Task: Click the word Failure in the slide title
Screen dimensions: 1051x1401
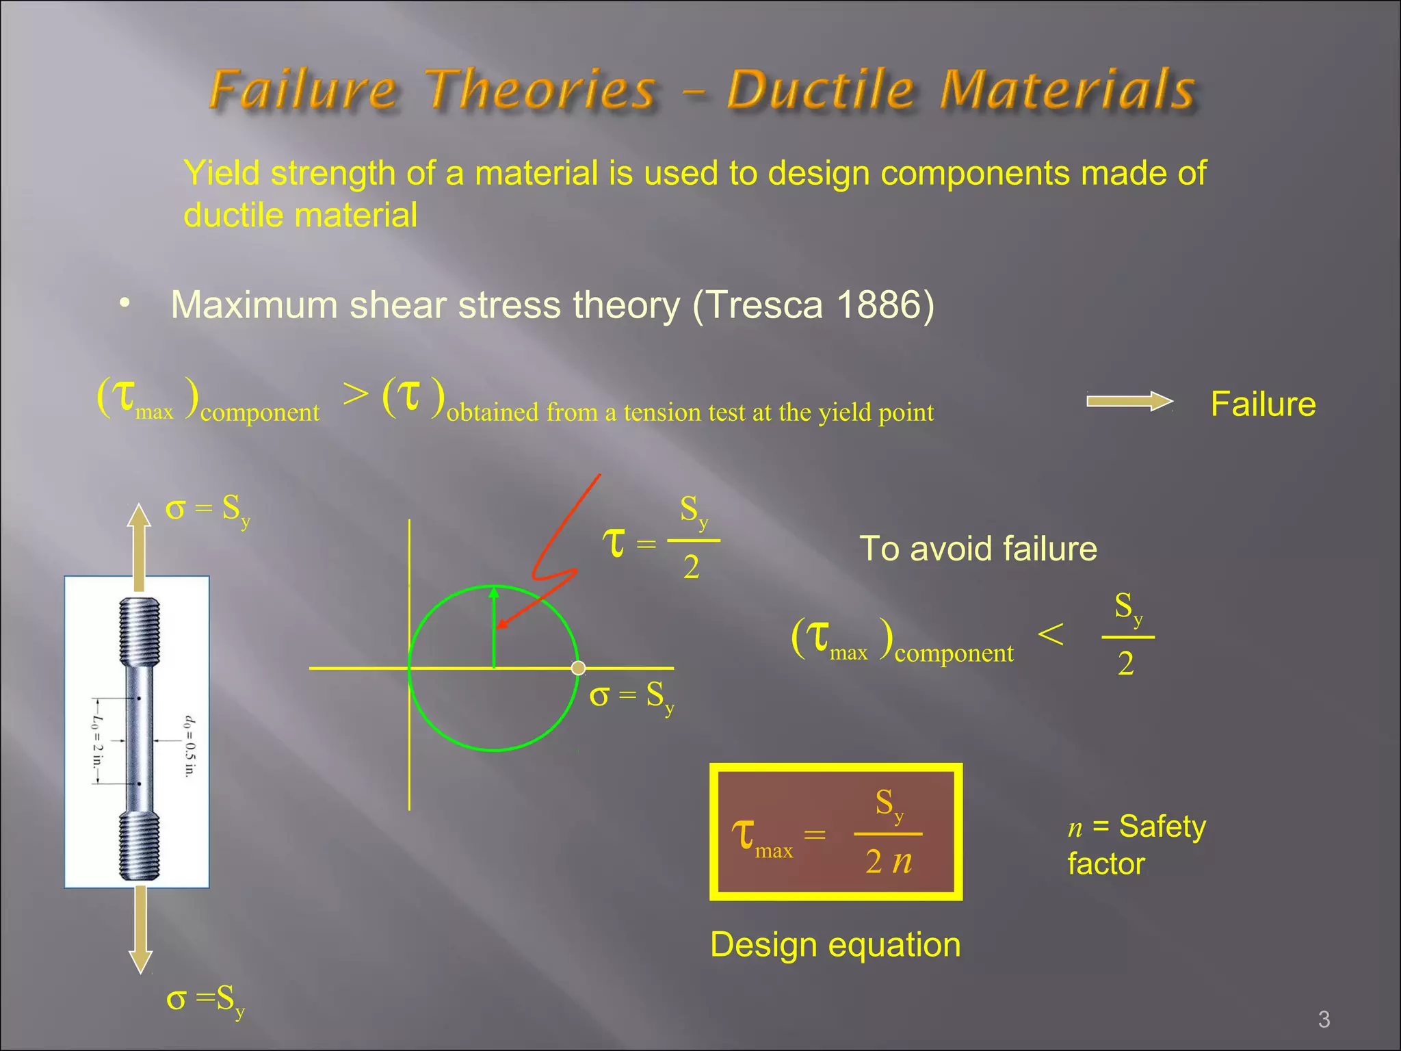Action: point(302,90)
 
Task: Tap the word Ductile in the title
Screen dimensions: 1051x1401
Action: point(820,90)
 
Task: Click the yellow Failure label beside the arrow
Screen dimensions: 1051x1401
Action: point(1263,404)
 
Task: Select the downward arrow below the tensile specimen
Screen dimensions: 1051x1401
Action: point(140,928)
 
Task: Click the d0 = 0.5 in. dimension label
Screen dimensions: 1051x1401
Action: point(189,745)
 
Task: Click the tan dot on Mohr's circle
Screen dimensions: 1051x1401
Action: point(578,668)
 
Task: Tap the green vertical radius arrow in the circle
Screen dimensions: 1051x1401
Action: point(494,626)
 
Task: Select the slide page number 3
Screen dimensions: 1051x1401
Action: point(1324,1020)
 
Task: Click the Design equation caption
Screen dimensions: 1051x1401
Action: point(835,945)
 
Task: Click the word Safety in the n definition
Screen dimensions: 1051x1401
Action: point(1162,827)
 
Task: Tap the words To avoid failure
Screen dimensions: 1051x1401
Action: point(978,549)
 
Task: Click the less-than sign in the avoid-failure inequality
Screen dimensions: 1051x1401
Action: point(1050,634)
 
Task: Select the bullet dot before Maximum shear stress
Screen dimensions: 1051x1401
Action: point(124,303)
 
